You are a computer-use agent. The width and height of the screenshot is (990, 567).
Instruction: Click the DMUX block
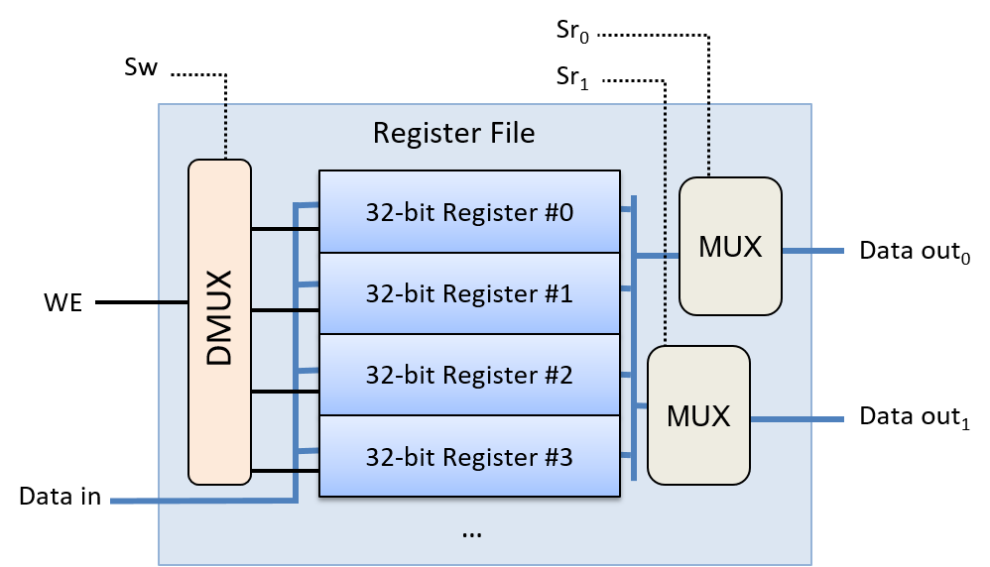click(219, 322)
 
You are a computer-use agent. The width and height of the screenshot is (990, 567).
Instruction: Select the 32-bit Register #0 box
click(469, 212)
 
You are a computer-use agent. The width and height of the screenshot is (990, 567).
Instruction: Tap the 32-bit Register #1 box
click(469, 293)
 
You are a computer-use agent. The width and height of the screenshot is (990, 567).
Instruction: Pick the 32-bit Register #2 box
click(469, 375)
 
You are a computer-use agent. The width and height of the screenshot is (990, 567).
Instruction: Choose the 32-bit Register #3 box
click(469, 456)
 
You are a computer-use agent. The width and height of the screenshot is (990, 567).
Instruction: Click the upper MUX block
click(730, 247)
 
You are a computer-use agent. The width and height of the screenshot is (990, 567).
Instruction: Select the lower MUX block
click(698, 415)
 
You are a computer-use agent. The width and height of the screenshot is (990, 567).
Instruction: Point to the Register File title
click(453, 133)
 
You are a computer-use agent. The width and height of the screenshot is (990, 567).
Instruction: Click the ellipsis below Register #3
click(472, 533)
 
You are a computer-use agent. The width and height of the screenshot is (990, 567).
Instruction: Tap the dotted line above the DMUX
click(225, 132)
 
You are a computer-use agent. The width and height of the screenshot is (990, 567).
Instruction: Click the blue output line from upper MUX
click(812, 251)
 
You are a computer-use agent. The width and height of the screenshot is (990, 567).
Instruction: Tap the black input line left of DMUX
click(174, 301)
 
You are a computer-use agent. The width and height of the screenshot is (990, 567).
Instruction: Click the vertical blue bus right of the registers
click(633, 337)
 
